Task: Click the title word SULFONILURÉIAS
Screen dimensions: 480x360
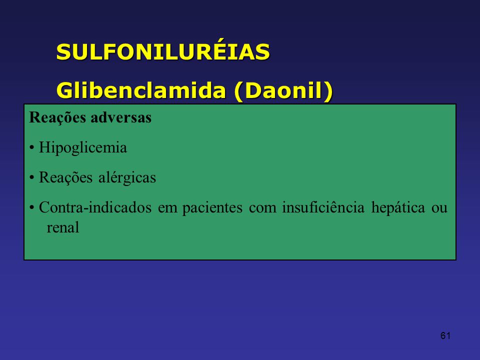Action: [x=163, y=51]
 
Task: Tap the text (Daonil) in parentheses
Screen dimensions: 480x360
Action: [x=283, y=91]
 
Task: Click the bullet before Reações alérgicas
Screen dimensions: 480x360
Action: [x=31, y=178]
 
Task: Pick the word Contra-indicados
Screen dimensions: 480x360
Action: [x=95, y=207]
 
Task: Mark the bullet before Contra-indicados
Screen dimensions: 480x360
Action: [x=31, y=208]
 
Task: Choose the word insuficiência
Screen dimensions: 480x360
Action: [x=323, y=207]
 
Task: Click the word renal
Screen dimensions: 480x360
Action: [x=63, y=227]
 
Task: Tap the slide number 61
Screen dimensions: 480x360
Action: [x=445, y=336]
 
